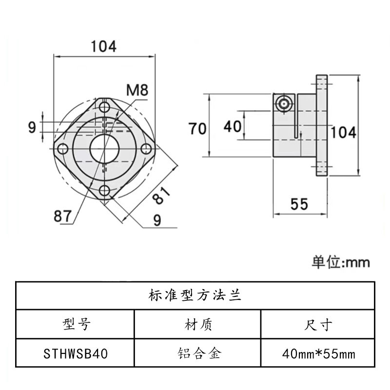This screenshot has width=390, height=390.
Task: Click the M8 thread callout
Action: click(x=137, y=90)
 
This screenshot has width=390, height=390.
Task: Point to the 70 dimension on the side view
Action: click(x=198, y=129)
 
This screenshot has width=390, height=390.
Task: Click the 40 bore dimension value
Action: click(x=233, y=127)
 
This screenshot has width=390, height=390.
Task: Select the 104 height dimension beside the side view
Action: click(x=344, y=132)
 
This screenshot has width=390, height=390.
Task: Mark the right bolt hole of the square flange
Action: click(x=145, y=149)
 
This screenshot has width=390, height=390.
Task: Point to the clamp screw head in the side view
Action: click(x=283, y=103)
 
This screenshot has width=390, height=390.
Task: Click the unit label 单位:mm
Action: click(x=341, y=262)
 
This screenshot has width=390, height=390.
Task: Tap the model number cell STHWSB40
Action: click(x=75, y=352)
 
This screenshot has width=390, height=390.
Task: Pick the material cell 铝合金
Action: click(x=196, y=352)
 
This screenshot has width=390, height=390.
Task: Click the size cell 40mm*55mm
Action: click(x=318, y=352)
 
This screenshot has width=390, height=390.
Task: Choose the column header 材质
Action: click(x=196, y=324)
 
